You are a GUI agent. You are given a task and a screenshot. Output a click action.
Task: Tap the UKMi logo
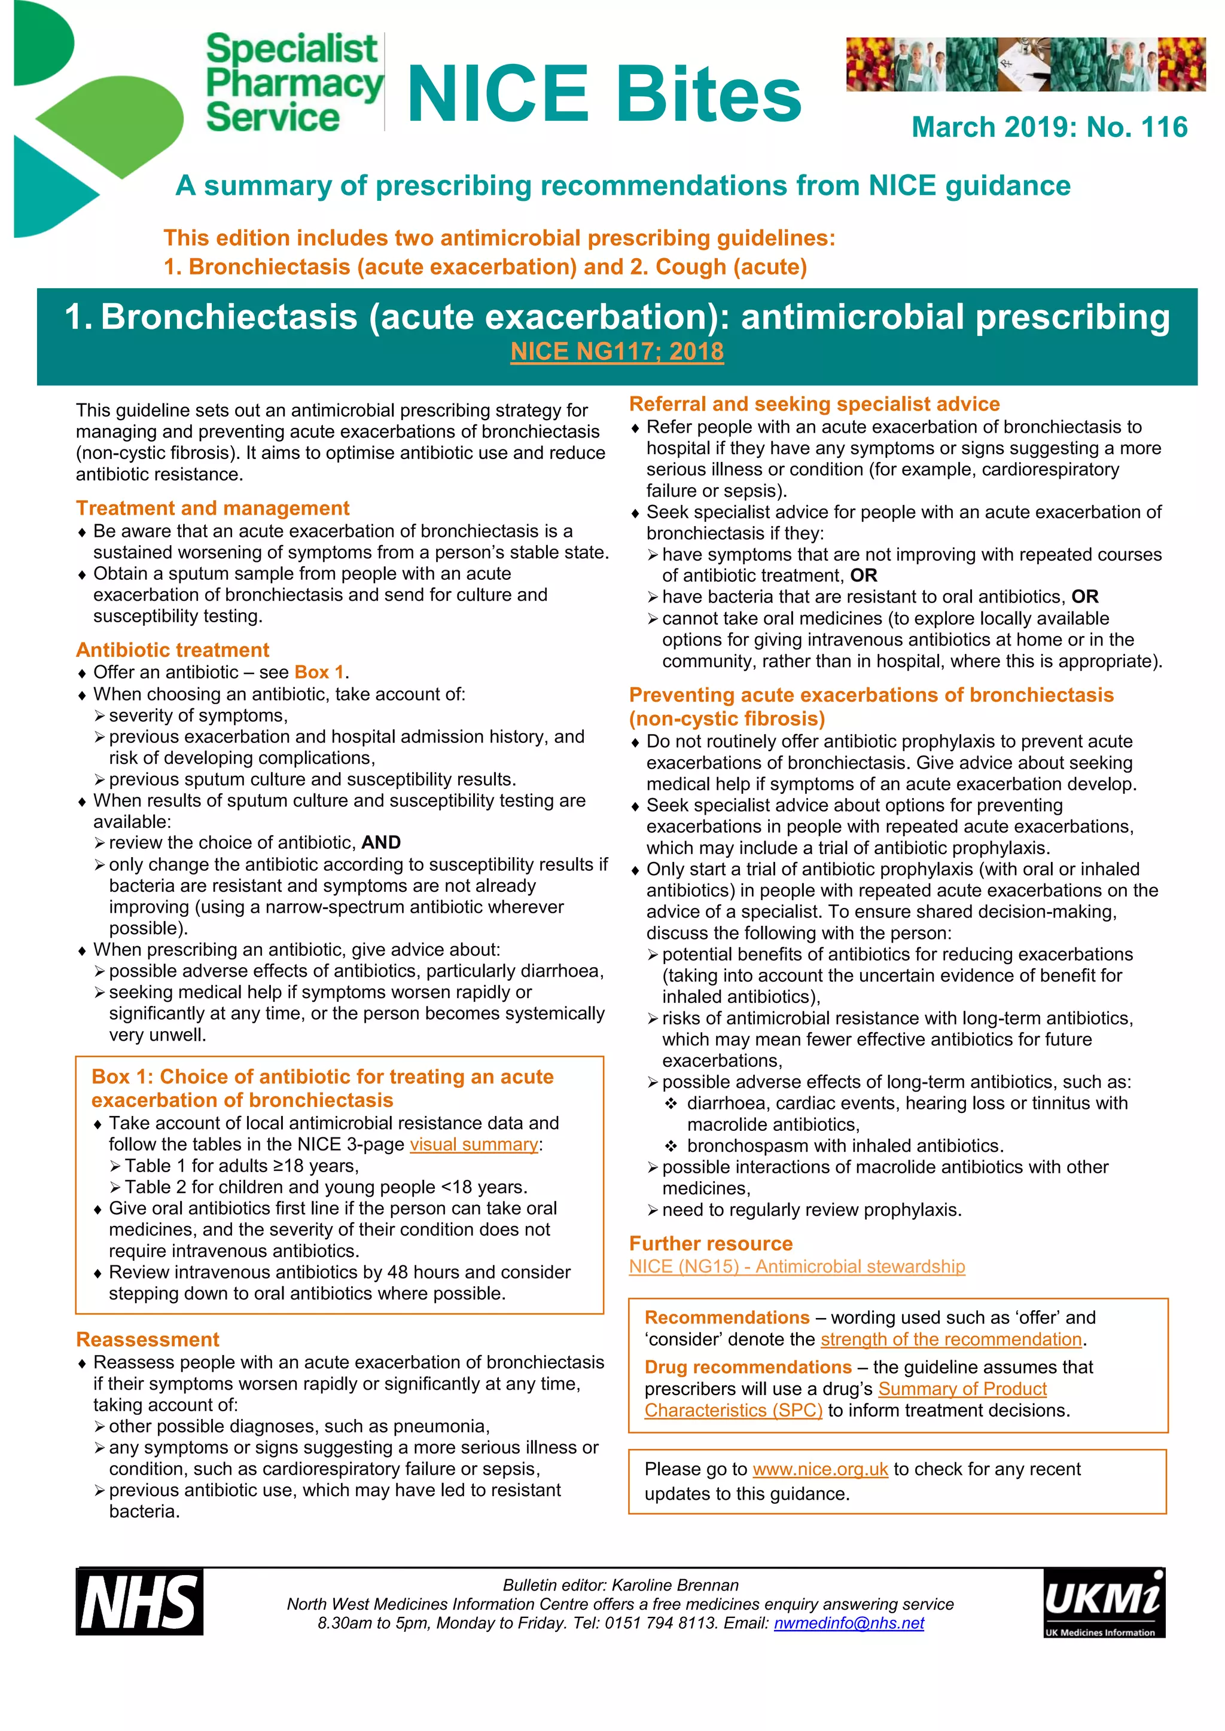(x=1104, y=1603)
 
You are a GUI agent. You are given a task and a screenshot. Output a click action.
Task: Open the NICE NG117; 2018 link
(x=617, y=352)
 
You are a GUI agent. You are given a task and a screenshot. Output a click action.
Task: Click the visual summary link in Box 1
(x=474, y=1145)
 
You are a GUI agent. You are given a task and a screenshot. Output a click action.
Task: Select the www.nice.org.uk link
(x=820, y=1469)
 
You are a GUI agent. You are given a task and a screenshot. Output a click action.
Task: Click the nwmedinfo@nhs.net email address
(x=849, y=1623)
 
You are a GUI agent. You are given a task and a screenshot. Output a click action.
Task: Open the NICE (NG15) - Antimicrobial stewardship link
(x=797, y=1267)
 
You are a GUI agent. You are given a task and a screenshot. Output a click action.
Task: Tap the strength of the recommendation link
(x=951, y=1339)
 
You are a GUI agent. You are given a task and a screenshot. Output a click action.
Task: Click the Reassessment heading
(x=148, y=1339)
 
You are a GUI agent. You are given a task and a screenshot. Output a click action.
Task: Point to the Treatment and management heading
(x=213, y=508)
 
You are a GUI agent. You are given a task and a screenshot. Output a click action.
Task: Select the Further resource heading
(x=711, y=1243)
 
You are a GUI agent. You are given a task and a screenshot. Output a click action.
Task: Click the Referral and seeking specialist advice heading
(x=814, y=404)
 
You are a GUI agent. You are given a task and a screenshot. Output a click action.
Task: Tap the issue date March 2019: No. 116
(x=1049, y=127)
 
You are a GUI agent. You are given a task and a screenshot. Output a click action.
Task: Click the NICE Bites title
(x=604, y=93)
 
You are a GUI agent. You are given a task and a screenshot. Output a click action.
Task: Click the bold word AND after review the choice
(x=381, y=843)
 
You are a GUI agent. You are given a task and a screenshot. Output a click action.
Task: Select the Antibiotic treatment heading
(x=173, y=650)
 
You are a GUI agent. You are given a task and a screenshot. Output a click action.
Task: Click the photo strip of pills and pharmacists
(x=1025, y=64)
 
